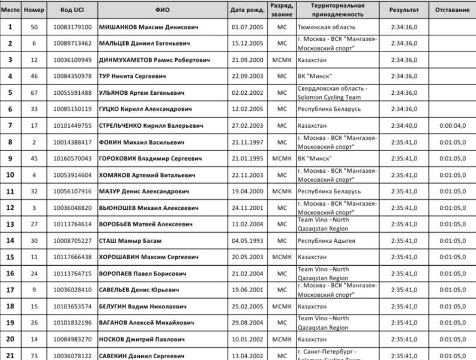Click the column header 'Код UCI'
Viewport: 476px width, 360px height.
pyautogui.click(x=75, y=10)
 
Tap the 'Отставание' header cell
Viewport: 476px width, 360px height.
pyautogui.click(x=452, y=10)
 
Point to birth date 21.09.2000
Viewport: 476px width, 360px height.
pyautogui.click(x=247, y=60)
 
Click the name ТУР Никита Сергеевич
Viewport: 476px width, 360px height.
pyautogui.click(x=132, y=76)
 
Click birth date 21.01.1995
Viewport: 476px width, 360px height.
pyautogui.click(x=247, y=158)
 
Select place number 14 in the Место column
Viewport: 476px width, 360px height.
pyautogui.click(x=10, y=241)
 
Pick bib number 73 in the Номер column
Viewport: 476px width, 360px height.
pyautogui.click(x=34, y=356)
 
